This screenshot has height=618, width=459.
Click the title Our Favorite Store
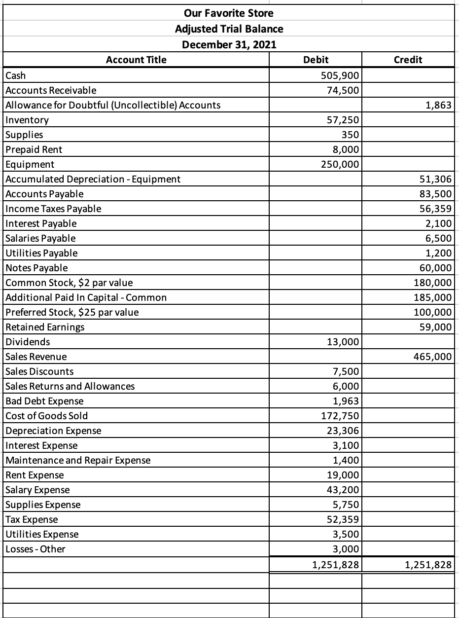pos(229,12)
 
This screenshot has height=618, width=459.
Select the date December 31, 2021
pos(229,45)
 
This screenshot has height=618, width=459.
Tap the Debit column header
pos(316,60)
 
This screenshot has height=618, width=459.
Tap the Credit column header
pos(408,60)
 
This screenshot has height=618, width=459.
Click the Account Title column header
pos(137,60)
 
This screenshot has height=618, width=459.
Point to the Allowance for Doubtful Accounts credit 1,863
pos(439,105)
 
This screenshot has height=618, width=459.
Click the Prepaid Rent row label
pos(34,149)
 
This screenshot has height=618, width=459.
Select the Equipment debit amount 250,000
pos(338,164)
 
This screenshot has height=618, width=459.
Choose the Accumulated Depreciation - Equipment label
pos(93,179)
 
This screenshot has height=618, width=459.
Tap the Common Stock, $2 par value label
pos(69,283)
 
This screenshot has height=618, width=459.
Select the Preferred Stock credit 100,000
pos(431,312)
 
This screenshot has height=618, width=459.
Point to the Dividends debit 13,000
pos(341,342)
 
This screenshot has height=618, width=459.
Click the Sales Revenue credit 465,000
pos(431,357)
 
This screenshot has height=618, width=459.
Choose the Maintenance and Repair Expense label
pos(78,460)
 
